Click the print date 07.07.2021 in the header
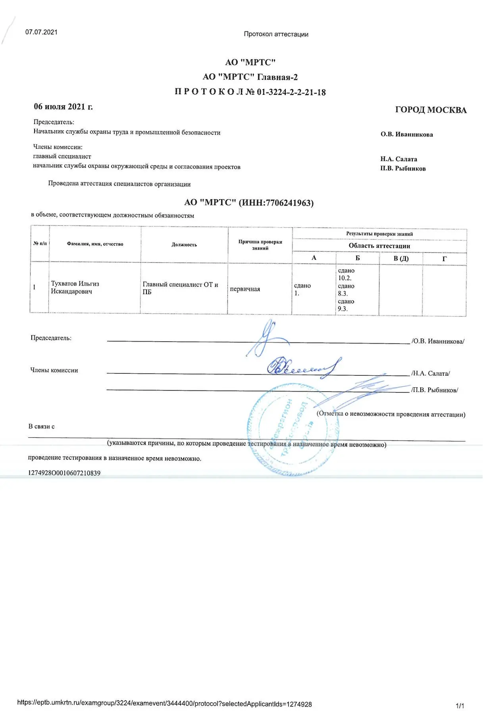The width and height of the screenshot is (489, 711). coord(41,32)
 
